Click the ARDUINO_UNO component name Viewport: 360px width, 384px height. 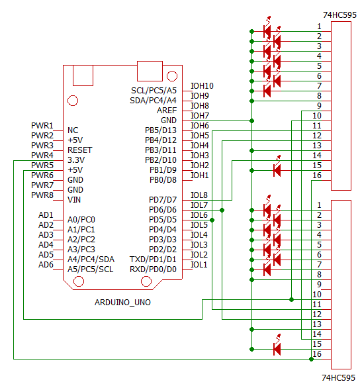122,303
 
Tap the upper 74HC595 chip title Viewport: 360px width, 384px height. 339,15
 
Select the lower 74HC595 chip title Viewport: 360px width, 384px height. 338,377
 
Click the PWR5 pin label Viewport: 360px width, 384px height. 42,166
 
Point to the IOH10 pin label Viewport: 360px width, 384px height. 202,86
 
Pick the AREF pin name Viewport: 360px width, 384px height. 167,111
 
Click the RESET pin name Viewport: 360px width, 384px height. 80,150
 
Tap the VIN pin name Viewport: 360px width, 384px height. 74,200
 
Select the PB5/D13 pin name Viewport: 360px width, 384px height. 161,130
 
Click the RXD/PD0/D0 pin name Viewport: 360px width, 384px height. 153,269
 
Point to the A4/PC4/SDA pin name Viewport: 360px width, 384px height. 91,260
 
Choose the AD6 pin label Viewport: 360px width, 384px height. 46,265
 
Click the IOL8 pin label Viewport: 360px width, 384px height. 199,195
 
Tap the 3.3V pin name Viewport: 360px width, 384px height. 76,160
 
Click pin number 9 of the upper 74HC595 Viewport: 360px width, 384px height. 319,106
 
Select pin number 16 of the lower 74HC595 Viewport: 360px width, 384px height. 317,354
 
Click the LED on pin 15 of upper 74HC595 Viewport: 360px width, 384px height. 277,168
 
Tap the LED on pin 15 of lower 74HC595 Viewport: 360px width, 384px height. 277,346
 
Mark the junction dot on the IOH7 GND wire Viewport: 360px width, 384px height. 251,120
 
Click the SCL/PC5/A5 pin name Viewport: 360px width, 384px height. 154,91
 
